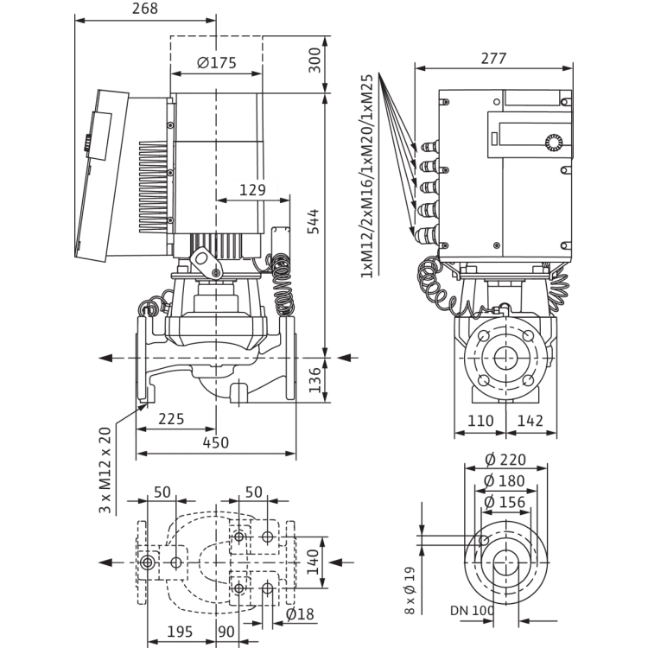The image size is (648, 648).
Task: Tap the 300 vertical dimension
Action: click(314, 60)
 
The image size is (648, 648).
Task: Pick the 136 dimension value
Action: click(314, 378)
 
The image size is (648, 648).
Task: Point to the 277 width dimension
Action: click(492, 59)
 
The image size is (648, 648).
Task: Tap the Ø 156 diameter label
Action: click(506, 500)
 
